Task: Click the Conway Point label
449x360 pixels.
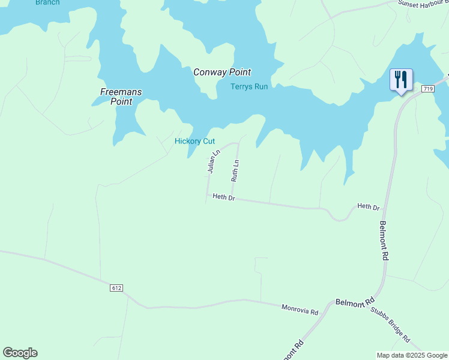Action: click(221, 72)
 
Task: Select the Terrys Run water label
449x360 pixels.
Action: click(249, 86)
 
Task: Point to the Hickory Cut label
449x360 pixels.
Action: click(194, 142)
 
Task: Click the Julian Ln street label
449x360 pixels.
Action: click(211, 161)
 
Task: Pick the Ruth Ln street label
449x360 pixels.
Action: click(235, 170)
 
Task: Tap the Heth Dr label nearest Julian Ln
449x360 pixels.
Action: click(223, 197)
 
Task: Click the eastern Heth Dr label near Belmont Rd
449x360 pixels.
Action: click(368, 207)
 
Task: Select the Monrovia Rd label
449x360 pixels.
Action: click(299, 310)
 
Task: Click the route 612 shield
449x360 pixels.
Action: click(116, 288)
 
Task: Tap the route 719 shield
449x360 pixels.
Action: click(427, 89)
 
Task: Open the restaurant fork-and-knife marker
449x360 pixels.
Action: click(400, 80)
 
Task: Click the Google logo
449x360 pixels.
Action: click(20, 353)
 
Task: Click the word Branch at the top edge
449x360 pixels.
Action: click(47, 2)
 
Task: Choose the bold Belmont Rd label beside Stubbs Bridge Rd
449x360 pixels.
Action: click(355, 301)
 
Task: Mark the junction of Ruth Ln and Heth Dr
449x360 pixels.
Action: click(232, 198)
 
